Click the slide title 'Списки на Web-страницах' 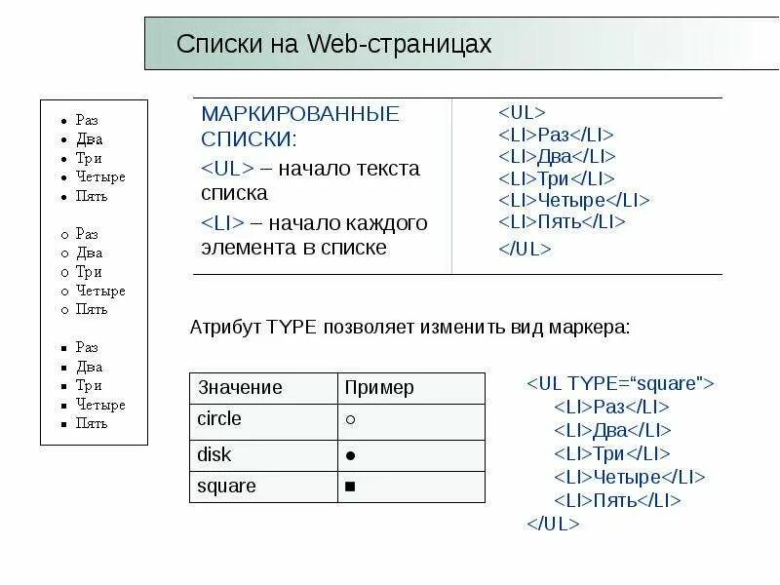[333, 45]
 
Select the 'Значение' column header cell [240, 388]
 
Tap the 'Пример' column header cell [379, 388]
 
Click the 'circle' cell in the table [219, 419]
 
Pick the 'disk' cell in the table [214, 454]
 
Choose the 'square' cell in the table [226, 486]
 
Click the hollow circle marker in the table [349, 420]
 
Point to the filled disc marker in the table [349, 455]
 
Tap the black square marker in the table [349, 487]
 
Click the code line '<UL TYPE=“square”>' [621, 383]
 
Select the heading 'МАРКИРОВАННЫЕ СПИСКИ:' [300, 126]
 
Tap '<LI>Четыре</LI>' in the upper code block [573, 200]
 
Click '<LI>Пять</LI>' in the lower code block [616, 500]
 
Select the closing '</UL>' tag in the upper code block [525, 249]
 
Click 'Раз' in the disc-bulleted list [87, 120]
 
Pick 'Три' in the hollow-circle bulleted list [89, 272]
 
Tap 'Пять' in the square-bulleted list [92, 423]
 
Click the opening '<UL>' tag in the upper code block [522, 112]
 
